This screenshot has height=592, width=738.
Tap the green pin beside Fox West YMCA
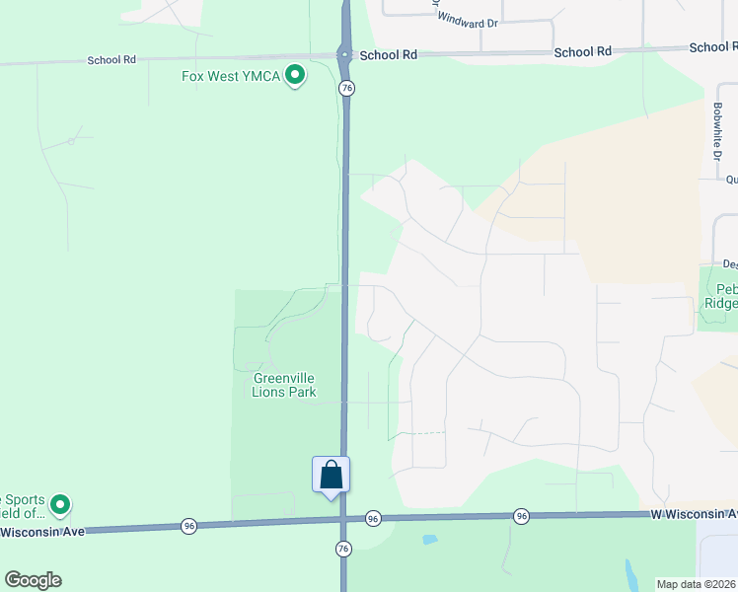[x=294, y=75]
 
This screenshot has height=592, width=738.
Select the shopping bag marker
[x=332, y=475]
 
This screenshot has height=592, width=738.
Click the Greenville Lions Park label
[x=284, y=385]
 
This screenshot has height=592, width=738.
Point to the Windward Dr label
[x=473, y=22]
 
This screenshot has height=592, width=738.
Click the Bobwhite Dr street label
[x=717, y=129]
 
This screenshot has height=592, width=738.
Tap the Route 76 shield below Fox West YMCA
[x=346, y=89]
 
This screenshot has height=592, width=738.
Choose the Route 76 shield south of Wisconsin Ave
[x=343, y=547]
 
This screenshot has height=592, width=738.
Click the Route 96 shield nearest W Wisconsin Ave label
[x=521, y=516]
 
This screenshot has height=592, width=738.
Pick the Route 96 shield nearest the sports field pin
[x=188, y=526]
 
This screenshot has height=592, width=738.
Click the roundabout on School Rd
[x=344, y=55]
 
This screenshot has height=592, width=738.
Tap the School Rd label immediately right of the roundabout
[x=388, y=55]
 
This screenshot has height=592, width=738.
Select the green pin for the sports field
[x=60, y=506]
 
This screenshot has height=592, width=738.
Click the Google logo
[x=33, y=580]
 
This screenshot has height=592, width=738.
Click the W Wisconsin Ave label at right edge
[x=694, y=514]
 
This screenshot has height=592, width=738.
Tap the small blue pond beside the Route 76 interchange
[x=428, y=540]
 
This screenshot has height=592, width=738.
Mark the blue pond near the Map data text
[x=630, y=571]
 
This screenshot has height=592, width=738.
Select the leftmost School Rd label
[x=111, y=60]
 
